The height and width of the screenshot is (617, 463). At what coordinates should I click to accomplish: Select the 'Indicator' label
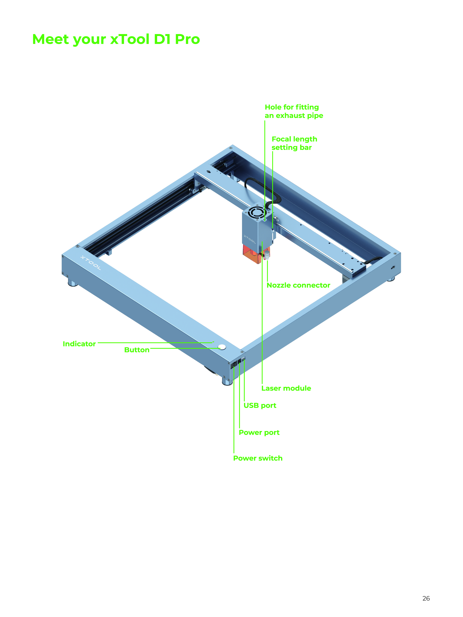coord(79,344)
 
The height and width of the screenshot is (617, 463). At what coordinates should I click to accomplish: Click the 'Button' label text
coord(137,350)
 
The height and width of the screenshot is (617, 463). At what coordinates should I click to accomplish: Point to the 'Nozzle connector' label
coord(298,285)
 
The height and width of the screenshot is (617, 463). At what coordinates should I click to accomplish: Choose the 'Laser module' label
coord(286,388)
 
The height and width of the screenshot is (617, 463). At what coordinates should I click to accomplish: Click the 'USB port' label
coord(260,405)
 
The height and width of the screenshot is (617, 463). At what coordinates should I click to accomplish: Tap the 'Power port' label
coord(259,433)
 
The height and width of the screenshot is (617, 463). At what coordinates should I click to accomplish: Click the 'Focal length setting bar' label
coord(294,143)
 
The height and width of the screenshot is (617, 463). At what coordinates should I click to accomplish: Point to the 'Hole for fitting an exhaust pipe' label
coord(294,111)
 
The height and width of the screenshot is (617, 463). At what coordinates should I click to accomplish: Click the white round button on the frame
coord(222,347)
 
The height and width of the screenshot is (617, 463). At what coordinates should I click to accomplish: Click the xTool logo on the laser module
coord(250,239)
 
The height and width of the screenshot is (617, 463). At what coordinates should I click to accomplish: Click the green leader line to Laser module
coord(262,312)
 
